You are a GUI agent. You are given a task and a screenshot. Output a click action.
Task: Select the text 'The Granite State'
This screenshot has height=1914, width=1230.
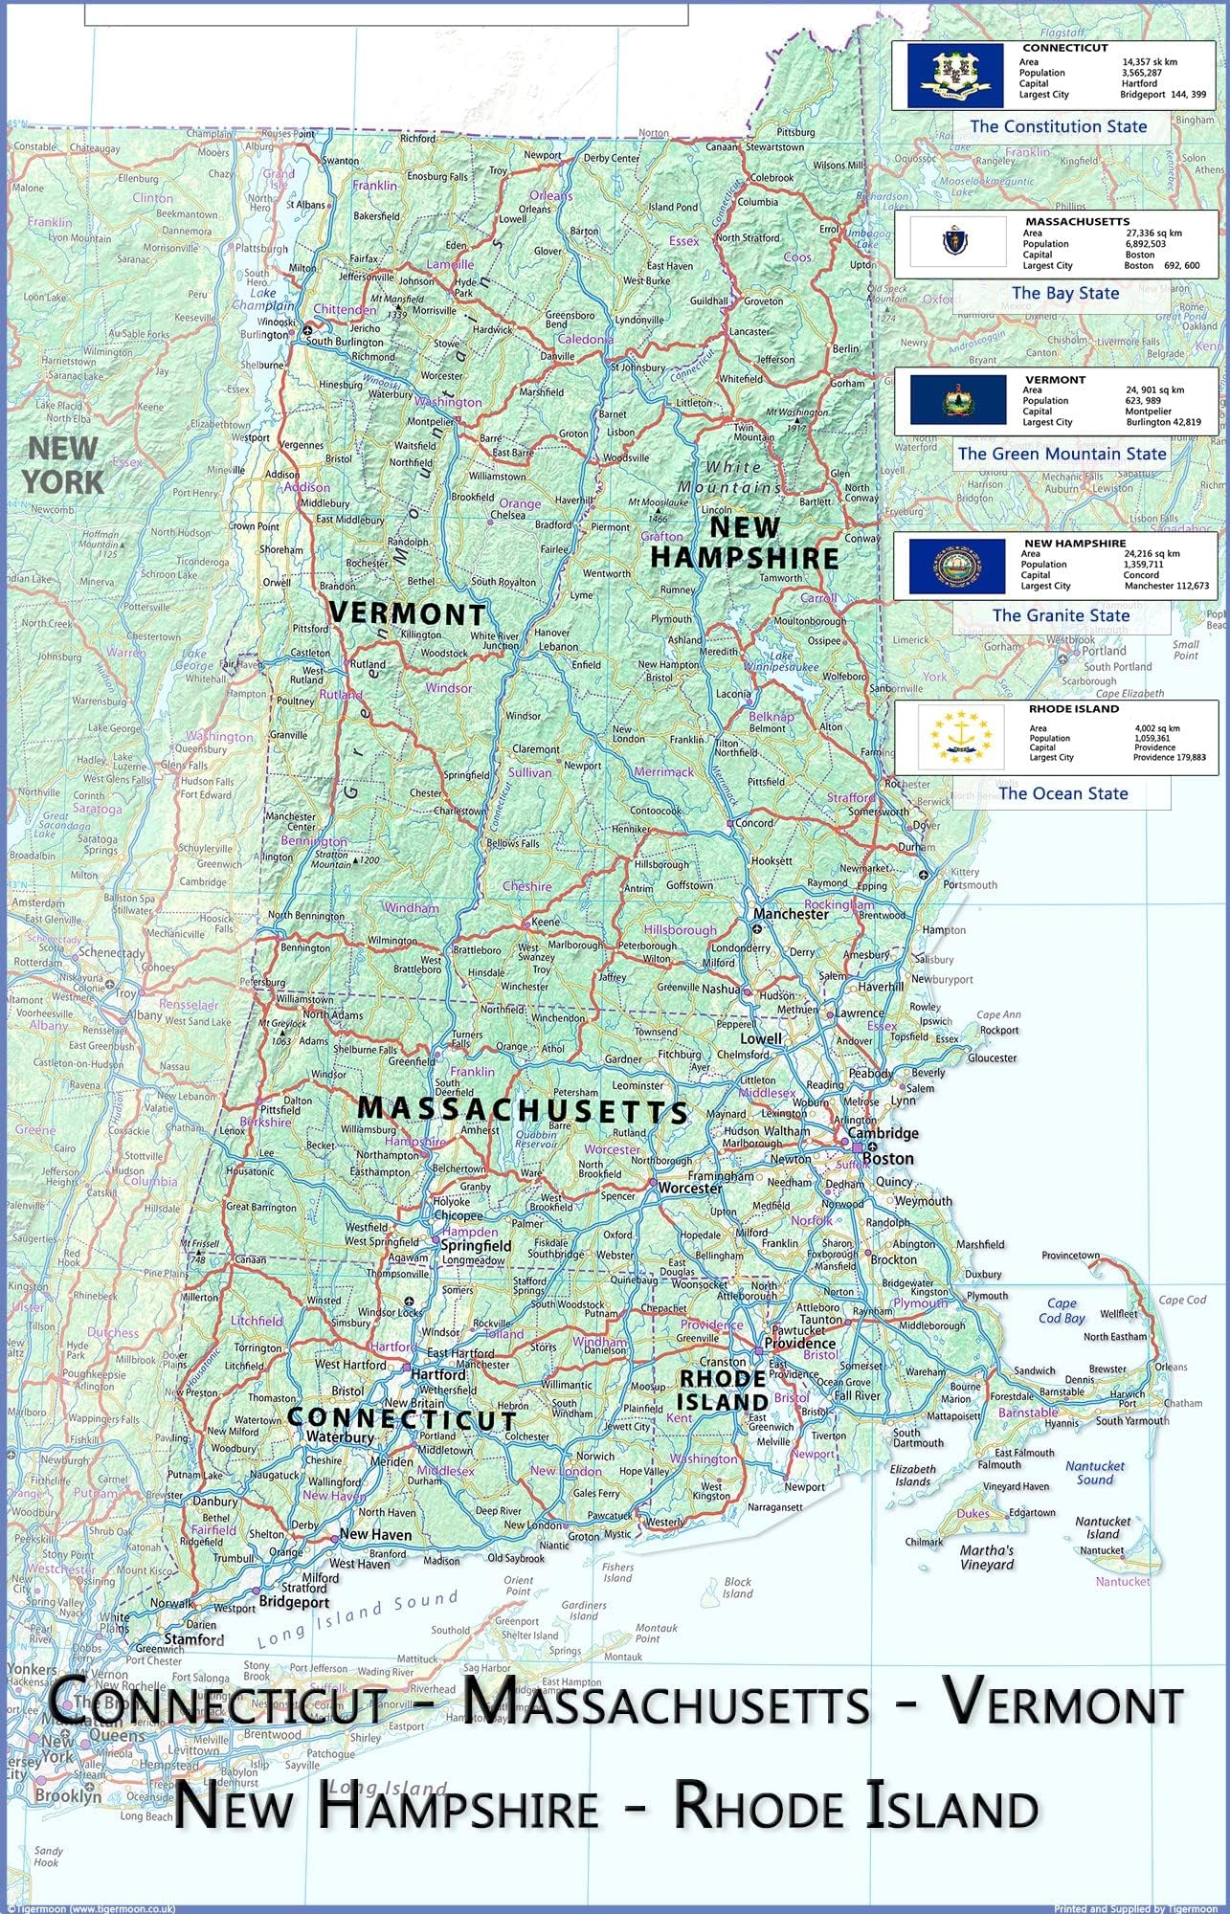(1061, 615)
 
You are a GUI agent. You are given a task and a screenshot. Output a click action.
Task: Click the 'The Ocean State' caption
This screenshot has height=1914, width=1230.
(1062, 793)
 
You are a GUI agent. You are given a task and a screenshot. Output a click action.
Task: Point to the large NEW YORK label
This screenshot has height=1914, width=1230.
(64, 464)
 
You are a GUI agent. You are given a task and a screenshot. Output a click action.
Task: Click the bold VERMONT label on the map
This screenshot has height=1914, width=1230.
(408, 613)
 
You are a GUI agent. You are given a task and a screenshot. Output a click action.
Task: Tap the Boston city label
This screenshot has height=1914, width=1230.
(887, 1158)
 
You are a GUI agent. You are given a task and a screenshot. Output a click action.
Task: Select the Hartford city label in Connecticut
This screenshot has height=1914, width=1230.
(437, 1374)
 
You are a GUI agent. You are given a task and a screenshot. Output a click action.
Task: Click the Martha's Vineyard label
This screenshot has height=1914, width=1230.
(987, 1557)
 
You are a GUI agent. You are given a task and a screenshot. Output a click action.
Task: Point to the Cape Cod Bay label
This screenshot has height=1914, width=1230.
(1062, 1310)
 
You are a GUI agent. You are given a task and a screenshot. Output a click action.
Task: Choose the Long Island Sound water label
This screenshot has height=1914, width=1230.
(358, 1619)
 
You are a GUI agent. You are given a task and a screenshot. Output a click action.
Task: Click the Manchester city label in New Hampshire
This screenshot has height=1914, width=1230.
(791, 914)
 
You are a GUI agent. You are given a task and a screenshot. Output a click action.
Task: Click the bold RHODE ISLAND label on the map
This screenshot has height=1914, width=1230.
(722, 1390)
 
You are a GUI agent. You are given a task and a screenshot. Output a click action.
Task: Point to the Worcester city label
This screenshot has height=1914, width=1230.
(689, 1188)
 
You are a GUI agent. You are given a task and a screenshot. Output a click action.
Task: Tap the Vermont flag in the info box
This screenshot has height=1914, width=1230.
(957, 400)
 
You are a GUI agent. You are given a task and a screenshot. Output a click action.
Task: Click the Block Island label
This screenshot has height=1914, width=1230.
(737, 1588)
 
